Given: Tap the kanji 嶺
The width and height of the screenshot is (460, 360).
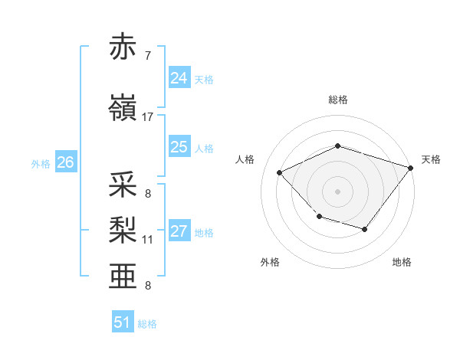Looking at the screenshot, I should (123, 110).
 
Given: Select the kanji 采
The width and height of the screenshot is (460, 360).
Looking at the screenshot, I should (123, 186).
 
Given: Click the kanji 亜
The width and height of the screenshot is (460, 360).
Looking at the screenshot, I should (123, 275).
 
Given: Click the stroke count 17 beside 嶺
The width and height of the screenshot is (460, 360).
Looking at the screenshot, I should (148, 117).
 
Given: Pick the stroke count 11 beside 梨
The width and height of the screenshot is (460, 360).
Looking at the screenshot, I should (148, 240).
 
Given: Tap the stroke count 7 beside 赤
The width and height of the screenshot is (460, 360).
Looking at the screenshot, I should (148, 55).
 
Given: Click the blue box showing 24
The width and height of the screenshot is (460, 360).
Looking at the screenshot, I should (179, 78).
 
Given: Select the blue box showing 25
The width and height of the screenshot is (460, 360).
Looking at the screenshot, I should (179, 147).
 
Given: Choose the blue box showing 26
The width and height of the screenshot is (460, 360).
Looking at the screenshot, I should (65, 162).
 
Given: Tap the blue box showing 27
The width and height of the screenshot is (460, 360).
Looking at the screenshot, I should (179, 232).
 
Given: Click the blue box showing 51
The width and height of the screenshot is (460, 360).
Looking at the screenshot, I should (123, 322).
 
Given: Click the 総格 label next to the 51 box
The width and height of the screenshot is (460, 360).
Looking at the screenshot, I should (148, 324).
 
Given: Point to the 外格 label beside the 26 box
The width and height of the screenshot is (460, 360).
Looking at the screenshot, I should (41, 164).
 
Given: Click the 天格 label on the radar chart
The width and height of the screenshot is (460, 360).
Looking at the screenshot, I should (431, 159).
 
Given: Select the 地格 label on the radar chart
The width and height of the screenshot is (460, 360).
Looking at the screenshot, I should (402, 262).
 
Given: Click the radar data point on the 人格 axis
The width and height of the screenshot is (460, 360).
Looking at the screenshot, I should (280, 172).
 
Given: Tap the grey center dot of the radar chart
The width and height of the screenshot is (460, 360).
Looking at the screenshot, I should (337, 191).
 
